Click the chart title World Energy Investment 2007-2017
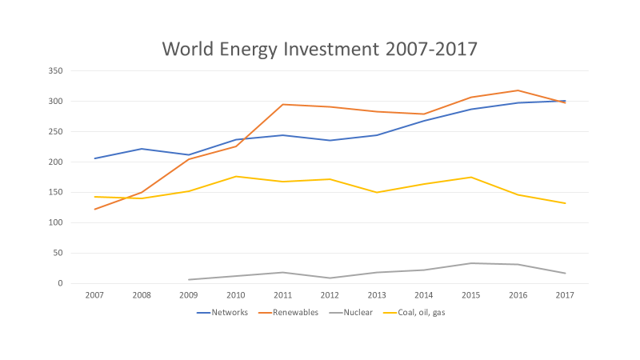coord(320,49)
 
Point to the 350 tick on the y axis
coord(55,71)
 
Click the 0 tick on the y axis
coord(59,283)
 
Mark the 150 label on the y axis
coord(55,192)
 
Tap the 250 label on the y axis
coord(55,132)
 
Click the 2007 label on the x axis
coord(95,295)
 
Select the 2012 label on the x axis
coord(330,295)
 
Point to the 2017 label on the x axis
coord(565,295)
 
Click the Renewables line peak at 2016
coord(518,90)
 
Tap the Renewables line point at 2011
coord(282,104)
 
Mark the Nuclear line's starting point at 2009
coord(189,280)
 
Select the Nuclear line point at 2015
coord(471,263)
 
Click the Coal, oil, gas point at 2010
coord(236,176)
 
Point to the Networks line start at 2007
coord(95,158)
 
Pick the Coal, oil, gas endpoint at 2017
coord(565,203)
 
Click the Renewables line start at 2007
coord(95,210)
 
